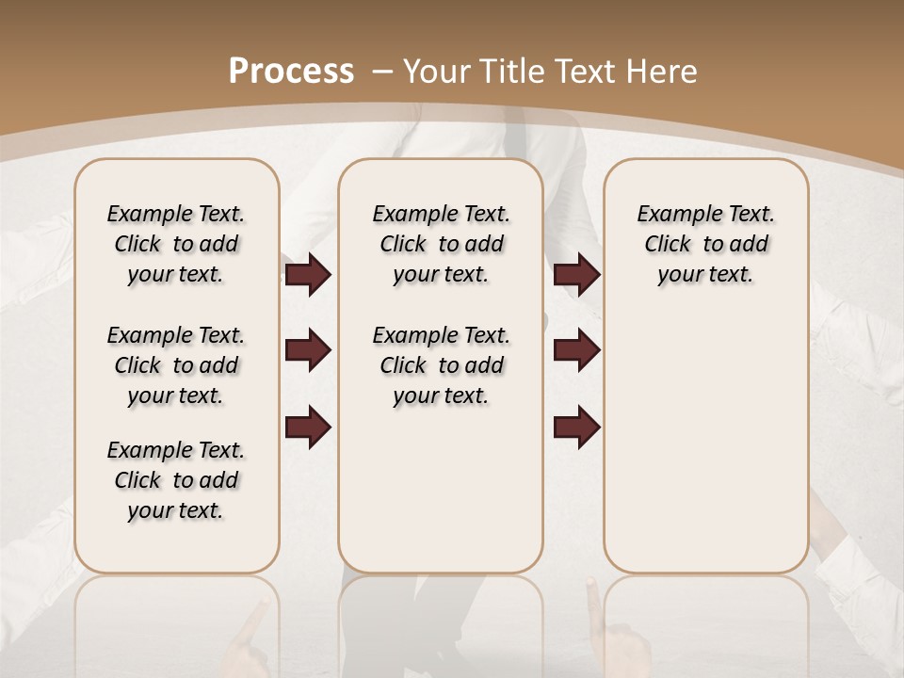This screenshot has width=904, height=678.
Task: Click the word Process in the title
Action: tap(291, 71)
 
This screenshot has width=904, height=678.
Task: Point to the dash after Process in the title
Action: tap(382, 72)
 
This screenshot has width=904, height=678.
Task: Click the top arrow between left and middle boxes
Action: tap(308, 274)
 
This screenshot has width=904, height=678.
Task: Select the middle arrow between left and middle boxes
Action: tap(308, 350)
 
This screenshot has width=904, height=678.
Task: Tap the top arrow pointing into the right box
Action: tap(576, 274)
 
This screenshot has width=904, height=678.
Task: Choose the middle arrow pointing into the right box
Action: tap(576, 350)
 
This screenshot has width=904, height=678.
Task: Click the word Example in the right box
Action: tap(671, 214)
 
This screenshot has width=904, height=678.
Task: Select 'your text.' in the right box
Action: tap(705, 274)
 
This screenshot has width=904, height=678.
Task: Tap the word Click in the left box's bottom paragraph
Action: tap(137, 480)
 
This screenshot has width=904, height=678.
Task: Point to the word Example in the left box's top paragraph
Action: tap(141, 214)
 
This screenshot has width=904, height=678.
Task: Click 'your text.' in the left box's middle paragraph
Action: tap(175, 395)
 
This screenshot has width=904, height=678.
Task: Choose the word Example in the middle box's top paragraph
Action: tap(407, 214)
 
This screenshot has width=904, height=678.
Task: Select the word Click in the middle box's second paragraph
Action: tap(403, 365)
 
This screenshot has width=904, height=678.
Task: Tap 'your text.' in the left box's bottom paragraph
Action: tap(175, 510)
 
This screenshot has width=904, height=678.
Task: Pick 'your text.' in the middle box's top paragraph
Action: tap(441, 274)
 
